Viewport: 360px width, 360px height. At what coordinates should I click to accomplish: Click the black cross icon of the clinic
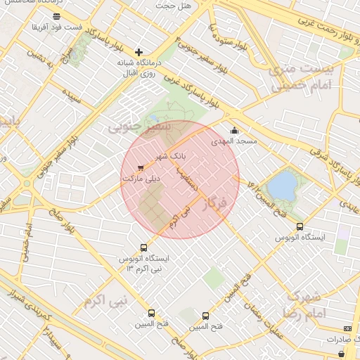(139, 52)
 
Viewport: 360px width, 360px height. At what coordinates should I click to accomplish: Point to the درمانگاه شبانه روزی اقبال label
(139, 67)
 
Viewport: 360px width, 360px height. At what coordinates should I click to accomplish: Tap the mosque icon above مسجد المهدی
(234, 130)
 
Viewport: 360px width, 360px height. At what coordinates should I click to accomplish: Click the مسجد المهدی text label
(235, 141)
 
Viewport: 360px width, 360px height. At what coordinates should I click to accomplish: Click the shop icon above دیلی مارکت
(141, 168)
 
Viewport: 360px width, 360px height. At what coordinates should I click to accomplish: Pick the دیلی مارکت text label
(141, 179)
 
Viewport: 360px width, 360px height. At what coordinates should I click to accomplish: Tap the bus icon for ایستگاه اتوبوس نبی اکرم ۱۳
(144, 247)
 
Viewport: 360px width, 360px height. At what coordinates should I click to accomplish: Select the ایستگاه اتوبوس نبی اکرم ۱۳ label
(144, 264)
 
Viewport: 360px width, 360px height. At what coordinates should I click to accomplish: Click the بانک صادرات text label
(340, 339)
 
